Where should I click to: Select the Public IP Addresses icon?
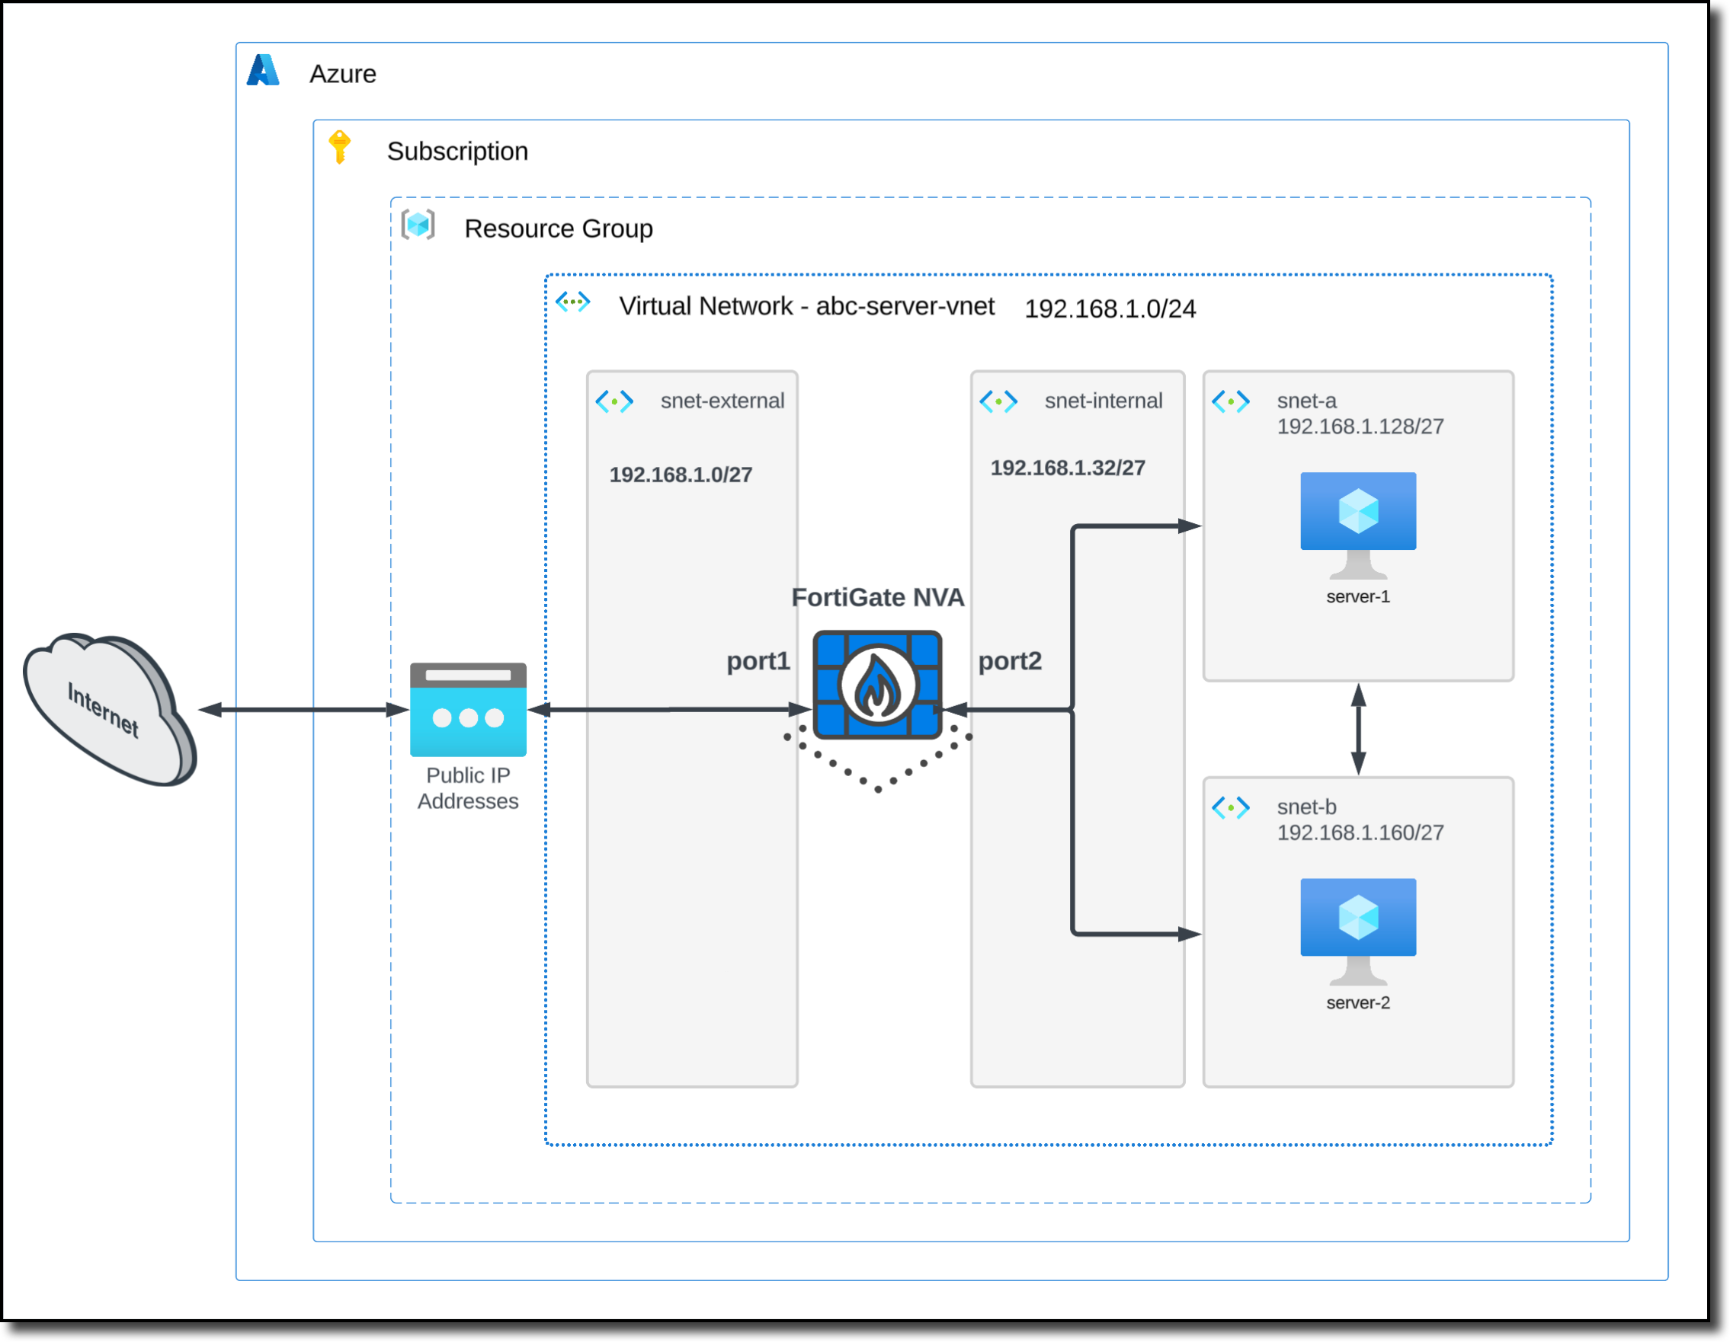pos(468,709)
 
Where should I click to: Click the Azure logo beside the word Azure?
pos(263,71)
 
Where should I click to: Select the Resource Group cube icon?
pos(418,225)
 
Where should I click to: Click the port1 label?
pos(758,660)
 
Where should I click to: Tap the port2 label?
pos(1009,660)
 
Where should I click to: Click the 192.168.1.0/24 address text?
pos(1110,308)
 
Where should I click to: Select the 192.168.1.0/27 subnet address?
pos(681,474)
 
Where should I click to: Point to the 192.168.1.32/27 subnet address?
pos(1067,468)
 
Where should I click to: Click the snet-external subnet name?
pos(722,401)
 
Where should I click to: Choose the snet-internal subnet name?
pos(1103,401)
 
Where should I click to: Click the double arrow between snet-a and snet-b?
pos(1357,729)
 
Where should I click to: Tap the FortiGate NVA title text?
pos(878,597)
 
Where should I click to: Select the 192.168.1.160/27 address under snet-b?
pos(1360,832)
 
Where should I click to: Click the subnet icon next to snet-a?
pos(1230,401)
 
